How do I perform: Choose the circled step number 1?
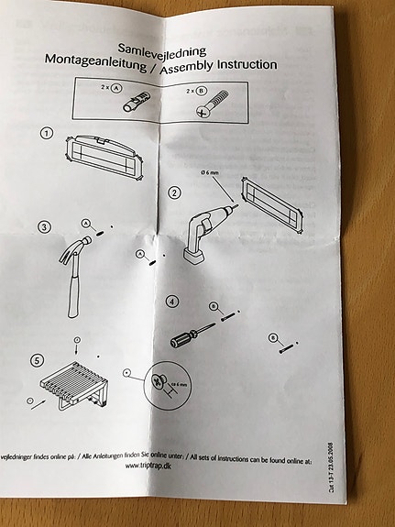[46, 133]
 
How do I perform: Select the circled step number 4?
[170, 302]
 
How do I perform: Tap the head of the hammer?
[80, 245]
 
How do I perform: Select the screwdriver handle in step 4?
[181, 339]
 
